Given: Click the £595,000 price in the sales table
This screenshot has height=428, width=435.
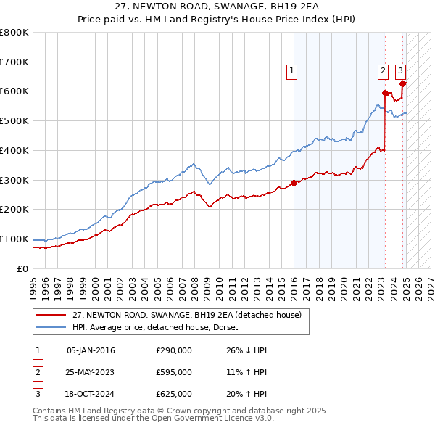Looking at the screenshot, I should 174,372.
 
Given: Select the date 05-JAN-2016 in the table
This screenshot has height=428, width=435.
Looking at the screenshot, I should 91,350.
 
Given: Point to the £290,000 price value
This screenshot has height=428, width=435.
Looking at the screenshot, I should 174,350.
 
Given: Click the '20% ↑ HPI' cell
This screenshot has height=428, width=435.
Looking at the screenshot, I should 246,394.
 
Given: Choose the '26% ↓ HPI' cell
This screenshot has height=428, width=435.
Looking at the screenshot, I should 246,350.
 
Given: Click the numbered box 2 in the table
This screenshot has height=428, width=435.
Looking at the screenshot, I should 37,372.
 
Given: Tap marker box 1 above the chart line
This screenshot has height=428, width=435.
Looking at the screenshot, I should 291,70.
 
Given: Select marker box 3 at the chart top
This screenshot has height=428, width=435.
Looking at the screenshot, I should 400,70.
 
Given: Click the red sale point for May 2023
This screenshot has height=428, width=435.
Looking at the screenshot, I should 385,92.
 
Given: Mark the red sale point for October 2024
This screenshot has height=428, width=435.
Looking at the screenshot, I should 402,83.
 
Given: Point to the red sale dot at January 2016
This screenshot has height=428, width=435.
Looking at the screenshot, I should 294,183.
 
